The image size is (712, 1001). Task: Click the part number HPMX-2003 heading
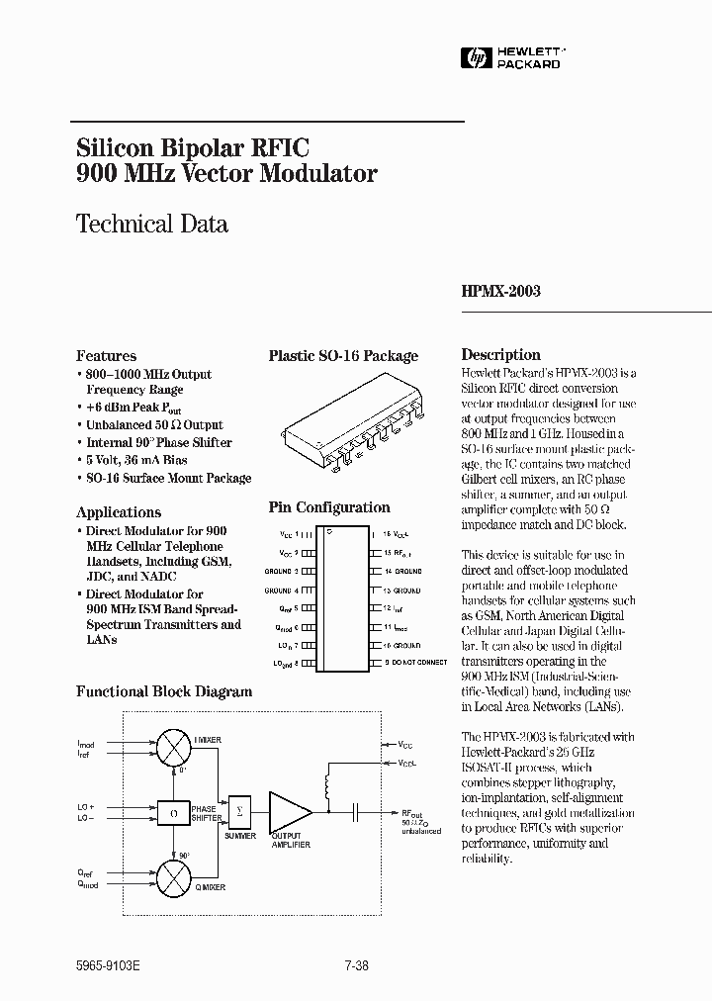tap(501, 292)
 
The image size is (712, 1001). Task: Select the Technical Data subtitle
tap(152, 224)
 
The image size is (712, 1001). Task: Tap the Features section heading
tap(106, 356)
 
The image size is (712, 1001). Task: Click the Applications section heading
tap(119, 512)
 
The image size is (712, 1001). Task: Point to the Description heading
tap(501, 355)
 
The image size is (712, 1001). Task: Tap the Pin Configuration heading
tap(329, 507)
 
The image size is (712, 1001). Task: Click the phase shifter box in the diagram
tap(173, 811)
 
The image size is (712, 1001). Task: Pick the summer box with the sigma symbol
tap(239, 810)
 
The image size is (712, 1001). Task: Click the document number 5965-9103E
tap(108, 968)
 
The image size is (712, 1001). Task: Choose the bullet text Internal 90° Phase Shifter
tap(158, 443)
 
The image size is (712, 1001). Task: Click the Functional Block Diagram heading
tap(164, 691)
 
